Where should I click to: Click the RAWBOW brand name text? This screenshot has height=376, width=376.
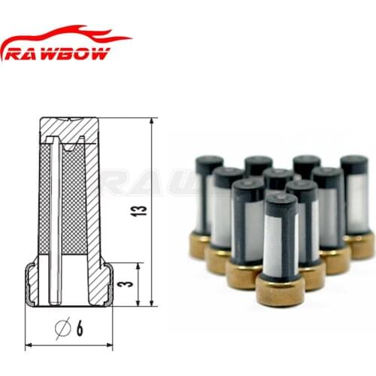click(58, 53)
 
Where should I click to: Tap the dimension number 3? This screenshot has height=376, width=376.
click(128, 284)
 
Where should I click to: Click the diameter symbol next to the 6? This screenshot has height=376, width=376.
click(62, 328)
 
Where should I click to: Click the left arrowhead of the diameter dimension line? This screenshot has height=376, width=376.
click(29, 345)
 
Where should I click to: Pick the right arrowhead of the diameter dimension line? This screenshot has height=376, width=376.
click(109, 345)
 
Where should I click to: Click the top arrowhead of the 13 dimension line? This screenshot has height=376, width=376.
click(151, 121)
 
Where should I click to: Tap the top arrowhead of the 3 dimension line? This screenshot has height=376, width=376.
click(138, 266)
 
